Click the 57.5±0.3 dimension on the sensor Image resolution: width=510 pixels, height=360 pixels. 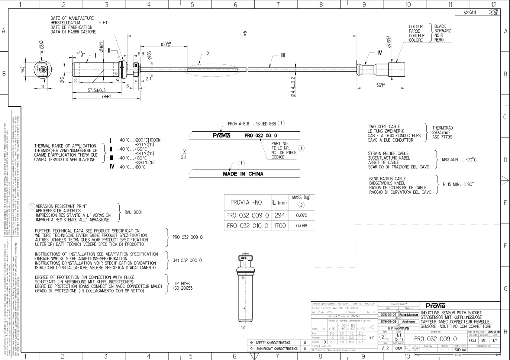click(x=96, y=90)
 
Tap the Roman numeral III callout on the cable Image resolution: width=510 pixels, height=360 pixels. click(x=283, y=55)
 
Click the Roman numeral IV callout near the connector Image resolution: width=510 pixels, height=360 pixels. click(x=380, y=53)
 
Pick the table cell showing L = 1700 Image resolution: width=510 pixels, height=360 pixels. click(x=280, y=225)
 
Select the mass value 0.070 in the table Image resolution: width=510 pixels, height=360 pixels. click(x=301, y=215)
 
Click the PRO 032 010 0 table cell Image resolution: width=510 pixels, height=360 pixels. click(x=247, y=225)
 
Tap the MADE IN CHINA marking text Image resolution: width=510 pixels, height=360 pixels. click(x=243, y=174)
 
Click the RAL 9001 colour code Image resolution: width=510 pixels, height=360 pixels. click(x=133, y=212)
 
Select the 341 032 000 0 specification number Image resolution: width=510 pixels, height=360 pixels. click(x=187, y=260)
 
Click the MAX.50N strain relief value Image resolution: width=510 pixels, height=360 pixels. click(x=450, y=160)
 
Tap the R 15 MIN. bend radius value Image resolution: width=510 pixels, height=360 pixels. click(x=452, y=184)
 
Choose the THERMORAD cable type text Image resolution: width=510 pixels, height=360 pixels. click(x=442, y=128)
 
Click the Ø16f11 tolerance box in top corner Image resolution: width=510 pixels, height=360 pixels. click(x=470, y=12)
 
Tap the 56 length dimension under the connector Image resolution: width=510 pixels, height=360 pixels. click(x=380, y=85)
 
